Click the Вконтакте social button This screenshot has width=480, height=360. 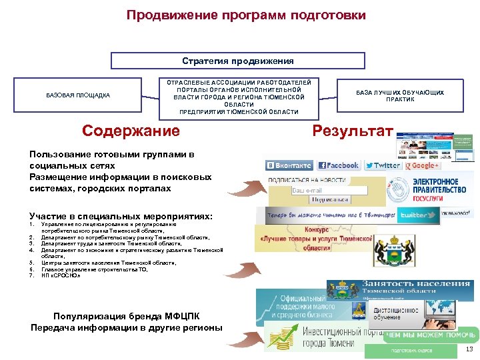click(289, 165)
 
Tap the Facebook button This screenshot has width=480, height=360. click(339, 165)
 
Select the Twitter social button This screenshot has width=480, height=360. click(383, 165)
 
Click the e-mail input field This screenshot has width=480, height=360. click(329, 191)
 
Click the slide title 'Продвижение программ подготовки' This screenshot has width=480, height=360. click(246, 15)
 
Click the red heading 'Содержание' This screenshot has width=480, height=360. click(131, 131)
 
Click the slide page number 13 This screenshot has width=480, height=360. click(469, 349)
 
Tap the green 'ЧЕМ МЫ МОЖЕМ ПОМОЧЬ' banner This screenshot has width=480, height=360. click(431, 335)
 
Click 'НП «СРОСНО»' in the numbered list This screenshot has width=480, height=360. click(61, 275)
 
